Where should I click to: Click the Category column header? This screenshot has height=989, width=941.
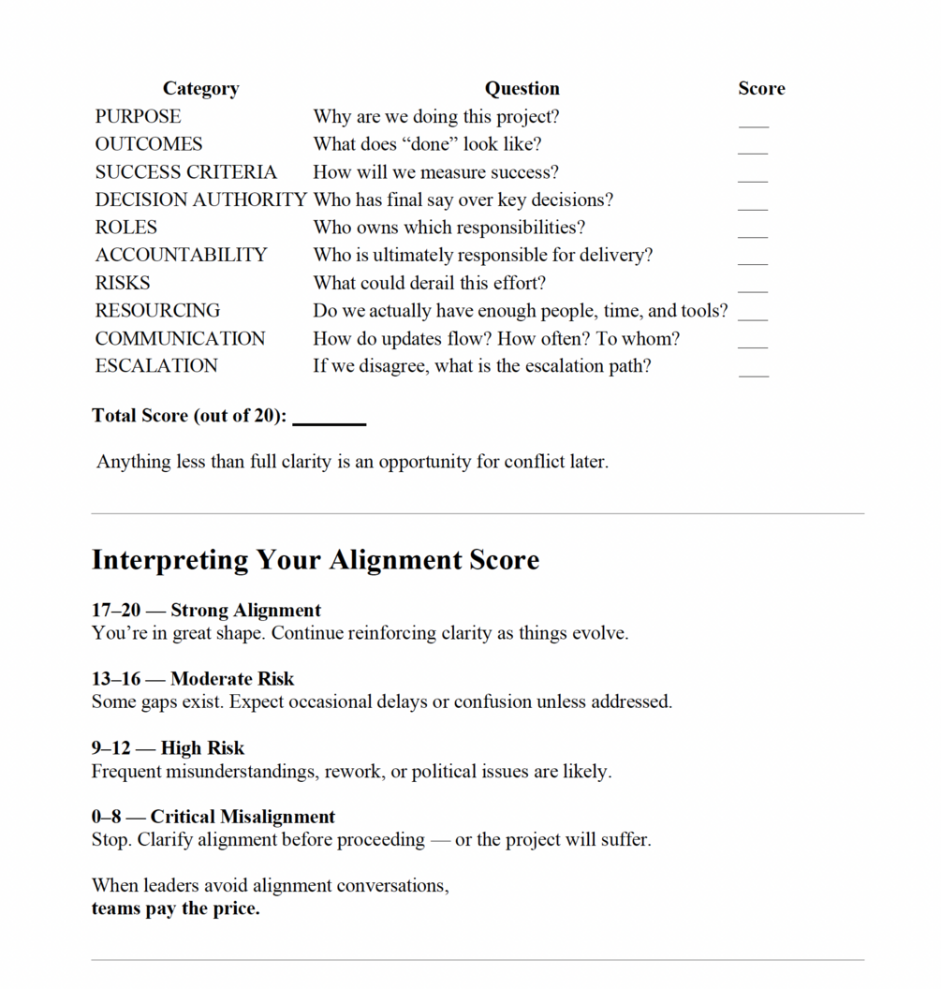pos(200,89)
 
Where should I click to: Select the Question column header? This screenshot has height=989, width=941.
pos(522,89)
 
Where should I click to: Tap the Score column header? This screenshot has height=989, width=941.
pos(761,89)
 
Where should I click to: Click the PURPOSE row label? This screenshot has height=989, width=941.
pos(138,117)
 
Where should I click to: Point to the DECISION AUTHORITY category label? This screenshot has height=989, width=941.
pos(200,200)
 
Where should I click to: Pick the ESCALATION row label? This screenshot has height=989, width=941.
pos(156,366)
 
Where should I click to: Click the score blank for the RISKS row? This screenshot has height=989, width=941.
pos(753,289)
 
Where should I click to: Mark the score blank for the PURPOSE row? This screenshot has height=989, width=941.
pos(753,124)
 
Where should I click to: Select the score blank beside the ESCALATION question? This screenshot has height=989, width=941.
pos(753,373)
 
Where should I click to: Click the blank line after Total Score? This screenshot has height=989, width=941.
pos(329,421)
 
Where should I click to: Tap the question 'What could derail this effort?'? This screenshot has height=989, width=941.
pos(429,283)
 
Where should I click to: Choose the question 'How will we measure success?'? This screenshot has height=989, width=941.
pos(435,172)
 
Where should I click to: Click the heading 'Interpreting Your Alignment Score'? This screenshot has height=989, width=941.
pos(316,560)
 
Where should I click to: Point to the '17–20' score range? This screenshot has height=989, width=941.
pos(115,611)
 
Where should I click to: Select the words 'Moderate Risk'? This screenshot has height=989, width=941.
pos(232,679)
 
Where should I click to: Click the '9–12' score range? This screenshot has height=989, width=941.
pos(110,748)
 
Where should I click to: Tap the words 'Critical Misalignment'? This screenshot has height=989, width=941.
pos(243,817)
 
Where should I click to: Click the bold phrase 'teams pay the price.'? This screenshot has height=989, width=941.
pos(175,908)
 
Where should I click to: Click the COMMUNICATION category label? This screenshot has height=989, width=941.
pos(180,339)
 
